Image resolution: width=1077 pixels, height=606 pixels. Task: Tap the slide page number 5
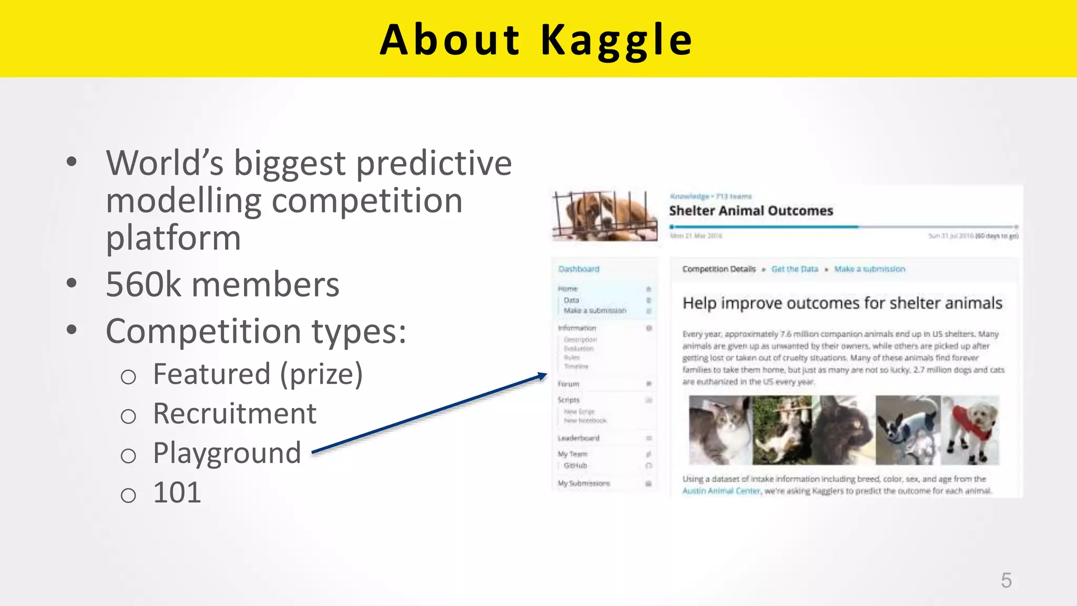coord(1006,581)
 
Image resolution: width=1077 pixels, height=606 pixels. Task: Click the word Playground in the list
coord(227,453)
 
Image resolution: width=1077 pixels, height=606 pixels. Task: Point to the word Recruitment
coord(235,413)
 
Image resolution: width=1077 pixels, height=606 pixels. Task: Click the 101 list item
coord(177,493)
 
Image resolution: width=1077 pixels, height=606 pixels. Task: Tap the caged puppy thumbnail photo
coord(605,216)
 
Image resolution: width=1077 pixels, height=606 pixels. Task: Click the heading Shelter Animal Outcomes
coord(750,211)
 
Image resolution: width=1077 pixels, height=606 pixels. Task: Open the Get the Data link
coord(795,269)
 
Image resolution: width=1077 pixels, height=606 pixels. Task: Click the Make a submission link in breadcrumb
coord(869,269)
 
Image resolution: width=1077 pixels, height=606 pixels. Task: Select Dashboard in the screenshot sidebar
coord(578,269)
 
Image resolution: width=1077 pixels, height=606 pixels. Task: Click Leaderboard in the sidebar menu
coord(578,438)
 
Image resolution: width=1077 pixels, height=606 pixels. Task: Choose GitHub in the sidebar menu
coord(575,466)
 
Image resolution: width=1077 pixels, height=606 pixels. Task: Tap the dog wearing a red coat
coord(970,430)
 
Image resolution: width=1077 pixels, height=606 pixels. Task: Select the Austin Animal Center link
coord(721,491)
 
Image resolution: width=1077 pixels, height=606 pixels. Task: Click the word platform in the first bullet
coord(174,238)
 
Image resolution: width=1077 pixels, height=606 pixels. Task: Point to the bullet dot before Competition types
coord(72,330)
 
